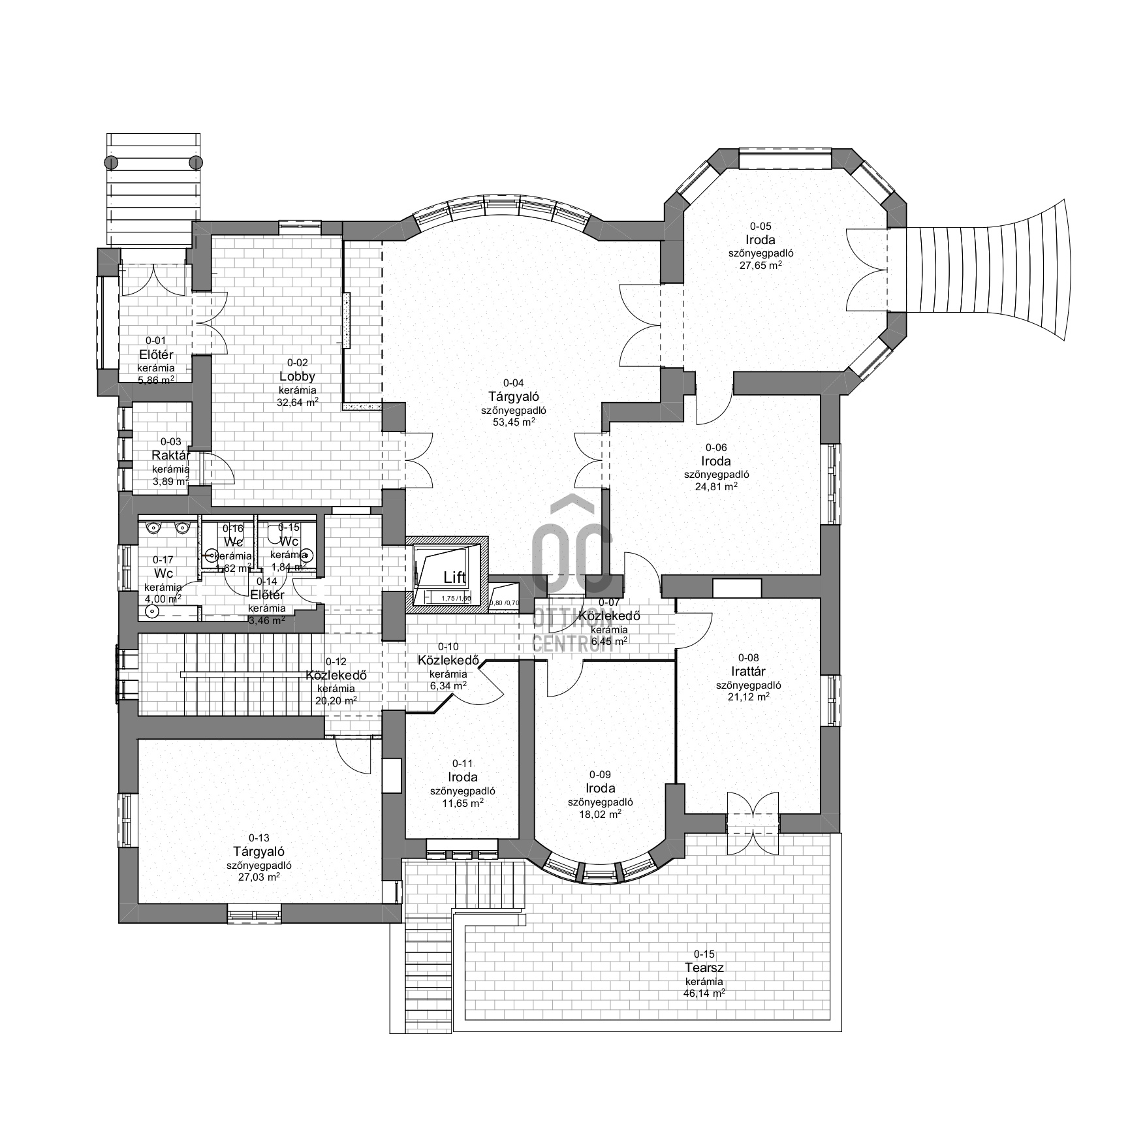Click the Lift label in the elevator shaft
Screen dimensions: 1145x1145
point(454,577)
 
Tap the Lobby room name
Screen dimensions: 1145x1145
point(297,376)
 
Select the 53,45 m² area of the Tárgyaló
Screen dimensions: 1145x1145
point(514,422)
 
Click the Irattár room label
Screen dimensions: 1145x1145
point(748,671)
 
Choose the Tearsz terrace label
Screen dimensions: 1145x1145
point(704,967)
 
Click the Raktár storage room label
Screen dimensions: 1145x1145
point(170,455)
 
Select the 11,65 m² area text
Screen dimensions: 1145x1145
point(462,803)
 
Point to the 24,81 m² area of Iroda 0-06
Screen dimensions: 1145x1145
point(716,486)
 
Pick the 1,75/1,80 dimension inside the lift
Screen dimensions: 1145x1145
point(456,598)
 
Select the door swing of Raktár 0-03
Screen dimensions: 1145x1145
point(218,469)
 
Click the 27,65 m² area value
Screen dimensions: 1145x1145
point(761,266)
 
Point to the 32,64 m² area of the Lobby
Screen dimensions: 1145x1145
point(297,402)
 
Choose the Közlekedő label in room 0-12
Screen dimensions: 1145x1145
point(336,675)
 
